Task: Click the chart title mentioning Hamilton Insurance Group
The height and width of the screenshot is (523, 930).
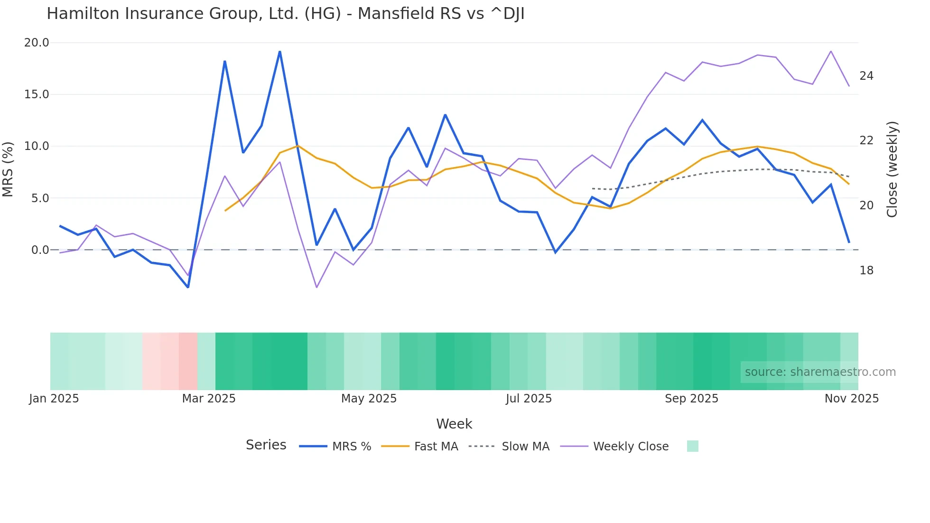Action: tap(285, 14)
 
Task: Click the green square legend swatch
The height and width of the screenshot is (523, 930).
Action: tap(692, 446)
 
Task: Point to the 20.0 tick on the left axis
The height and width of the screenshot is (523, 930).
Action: tap(37, 43)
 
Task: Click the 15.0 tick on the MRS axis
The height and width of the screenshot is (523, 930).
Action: tap(37, 94)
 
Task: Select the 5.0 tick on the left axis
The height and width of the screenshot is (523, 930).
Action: tap(40, 198)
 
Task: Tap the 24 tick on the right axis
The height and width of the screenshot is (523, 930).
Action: tap(866, 76)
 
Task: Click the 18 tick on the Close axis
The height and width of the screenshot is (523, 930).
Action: tap(866, 271)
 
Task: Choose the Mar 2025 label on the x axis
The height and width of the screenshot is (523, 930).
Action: tap(209, 399)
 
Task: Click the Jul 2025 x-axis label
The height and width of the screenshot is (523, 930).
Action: tap(529, 399)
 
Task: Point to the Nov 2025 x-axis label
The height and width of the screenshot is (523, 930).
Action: tap(851, 399)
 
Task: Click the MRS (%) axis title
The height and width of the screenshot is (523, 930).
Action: tap(8, 169)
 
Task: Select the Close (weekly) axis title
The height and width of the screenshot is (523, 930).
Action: tap(892, 169)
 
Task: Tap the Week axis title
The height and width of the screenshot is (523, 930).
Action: tap(454, 424)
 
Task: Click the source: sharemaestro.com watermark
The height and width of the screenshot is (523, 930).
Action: tap(820, 372)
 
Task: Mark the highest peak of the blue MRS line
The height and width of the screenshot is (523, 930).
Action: tap(280, 51)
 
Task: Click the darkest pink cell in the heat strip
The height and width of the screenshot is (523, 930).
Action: tap(188, 361)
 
